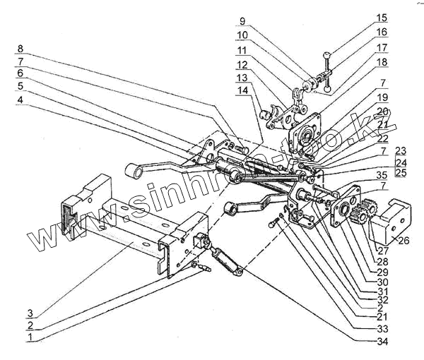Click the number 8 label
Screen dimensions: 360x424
pyautogui.click(x=20, y=49)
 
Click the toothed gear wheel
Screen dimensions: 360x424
pyautogui.click(x=363, y=212)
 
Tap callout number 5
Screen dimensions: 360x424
pyautogui.click(x=20, y=85)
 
